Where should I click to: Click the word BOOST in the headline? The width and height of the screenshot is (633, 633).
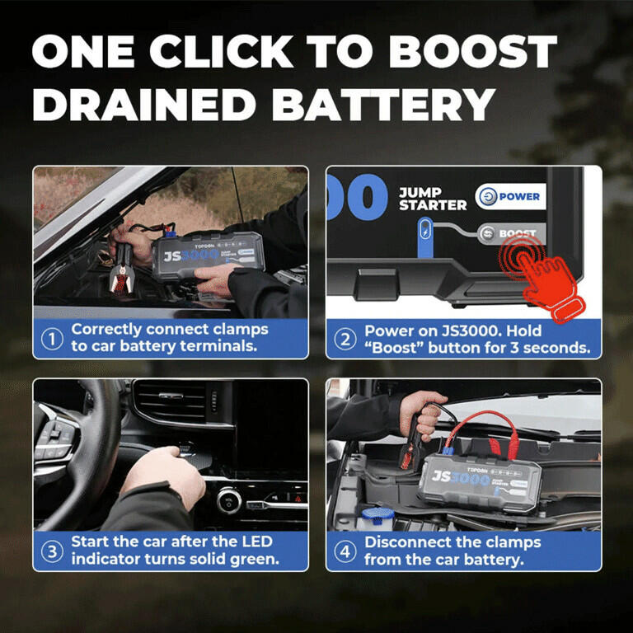pos(473,51)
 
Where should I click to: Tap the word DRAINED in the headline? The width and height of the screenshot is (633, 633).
pos(144,104)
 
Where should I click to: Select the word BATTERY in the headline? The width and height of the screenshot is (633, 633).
pos(383,104)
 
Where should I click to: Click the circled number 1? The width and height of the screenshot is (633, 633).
pos(52,339)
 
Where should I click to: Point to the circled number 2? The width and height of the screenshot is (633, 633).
pos(345,340)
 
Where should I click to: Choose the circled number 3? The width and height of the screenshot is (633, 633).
pos(52,551)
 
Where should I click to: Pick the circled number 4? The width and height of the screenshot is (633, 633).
pos(345,551)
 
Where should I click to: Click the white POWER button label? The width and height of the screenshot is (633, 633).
pos(511,197)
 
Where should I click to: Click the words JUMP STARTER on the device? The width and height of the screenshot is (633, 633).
pos(433,199)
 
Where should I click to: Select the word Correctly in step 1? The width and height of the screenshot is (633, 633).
pos(106,330)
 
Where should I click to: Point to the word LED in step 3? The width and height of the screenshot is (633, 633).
pos(257,542)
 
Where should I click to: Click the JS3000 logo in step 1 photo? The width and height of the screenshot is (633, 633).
pos(190,256)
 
